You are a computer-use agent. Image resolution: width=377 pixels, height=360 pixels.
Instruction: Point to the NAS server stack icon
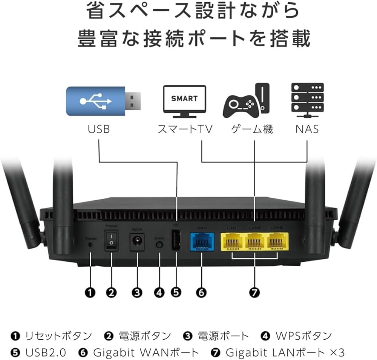(307, 99)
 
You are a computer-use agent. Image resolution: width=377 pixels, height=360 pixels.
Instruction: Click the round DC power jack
(136, 242)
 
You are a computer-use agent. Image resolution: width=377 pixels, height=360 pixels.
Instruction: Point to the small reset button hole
(90, 244)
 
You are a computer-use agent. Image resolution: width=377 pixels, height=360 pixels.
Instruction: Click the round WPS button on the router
(159, 244)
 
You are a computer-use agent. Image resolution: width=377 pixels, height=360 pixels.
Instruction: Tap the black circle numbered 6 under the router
(201, 292)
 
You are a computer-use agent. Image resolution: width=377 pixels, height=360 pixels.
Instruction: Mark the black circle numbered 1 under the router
(90, 292)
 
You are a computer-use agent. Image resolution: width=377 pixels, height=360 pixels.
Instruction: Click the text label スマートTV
(185, 130)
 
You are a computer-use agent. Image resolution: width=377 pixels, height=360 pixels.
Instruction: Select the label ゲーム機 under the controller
(251, 130)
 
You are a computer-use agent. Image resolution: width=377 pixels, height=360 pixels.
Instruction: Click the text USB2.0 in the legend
(46, 352)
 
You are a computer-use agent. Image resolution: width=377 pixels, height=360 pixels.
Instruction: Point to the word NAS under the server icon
(307, 129)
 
